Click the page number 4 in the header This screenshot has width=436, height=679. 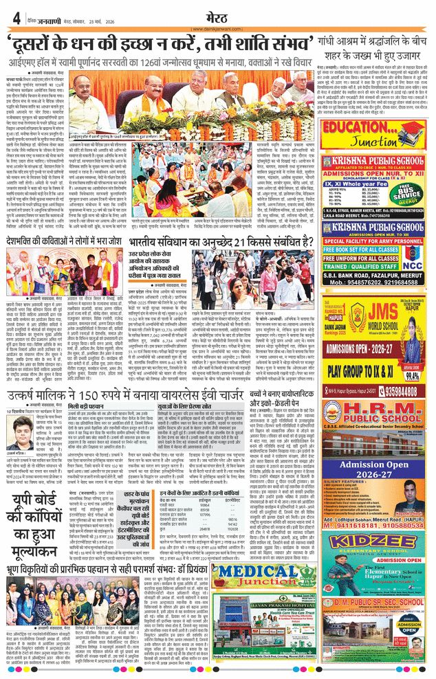point(14,19)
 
